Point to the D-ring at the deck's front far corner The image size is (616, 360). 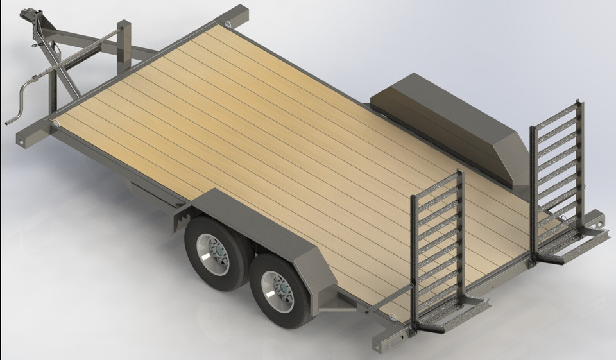228,24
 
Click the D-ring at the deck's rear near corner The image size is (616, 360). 391,316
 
